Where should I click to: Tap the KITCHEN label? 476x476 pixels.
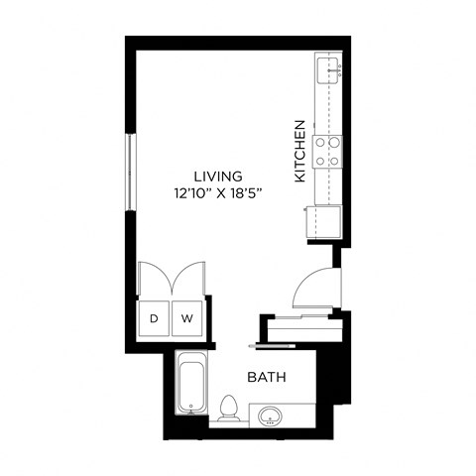pos(298,151)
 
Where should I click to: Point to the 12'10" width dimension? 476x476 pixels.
pos(191,193)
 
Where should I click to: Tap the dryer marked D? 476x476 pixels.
pos(154,319)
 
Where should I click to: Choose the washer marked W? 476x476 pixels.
pos(186,319)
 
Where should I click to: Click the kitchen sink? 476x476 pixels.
pos(329,69)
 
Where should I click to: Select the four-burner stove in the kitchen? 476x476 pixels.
pos(328,150)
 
